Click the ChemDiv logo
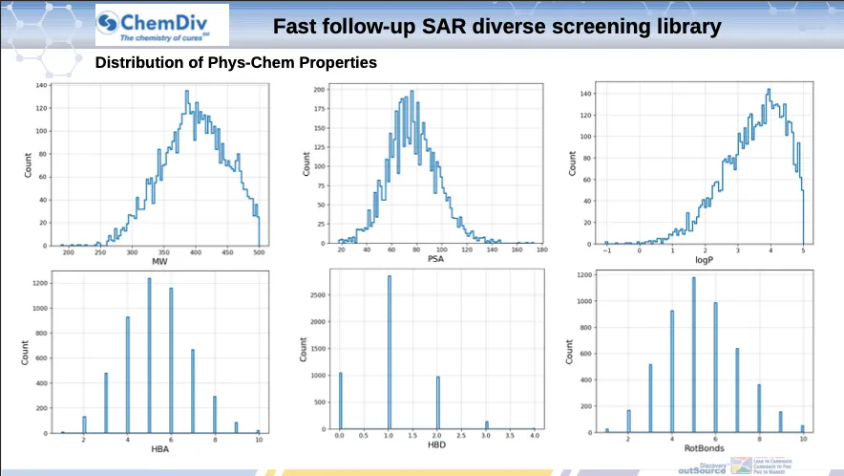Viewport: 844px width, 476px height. pos(161,25)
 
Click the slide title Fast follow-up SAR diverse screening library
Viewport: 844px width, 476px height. pos(496,26)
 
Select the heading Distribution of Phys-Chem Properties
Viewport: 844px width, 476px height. pos(236,63)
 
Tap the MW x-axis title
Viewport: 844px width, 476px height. pos(159,262)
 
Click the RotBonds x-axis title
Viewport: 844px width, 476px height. pos(703,450)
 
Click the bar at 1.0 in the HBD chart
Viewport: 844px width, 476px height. pos(390,354)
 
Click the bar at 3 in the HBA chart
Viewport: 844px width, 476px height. pos(106,402)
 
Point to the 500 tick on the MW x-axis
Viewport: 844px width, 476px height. pos(259,253)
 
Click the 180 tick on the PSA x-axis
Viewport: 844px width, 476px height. pos(541,250)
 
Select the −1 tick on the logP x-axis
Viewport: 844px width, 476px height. pos(606,253)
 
